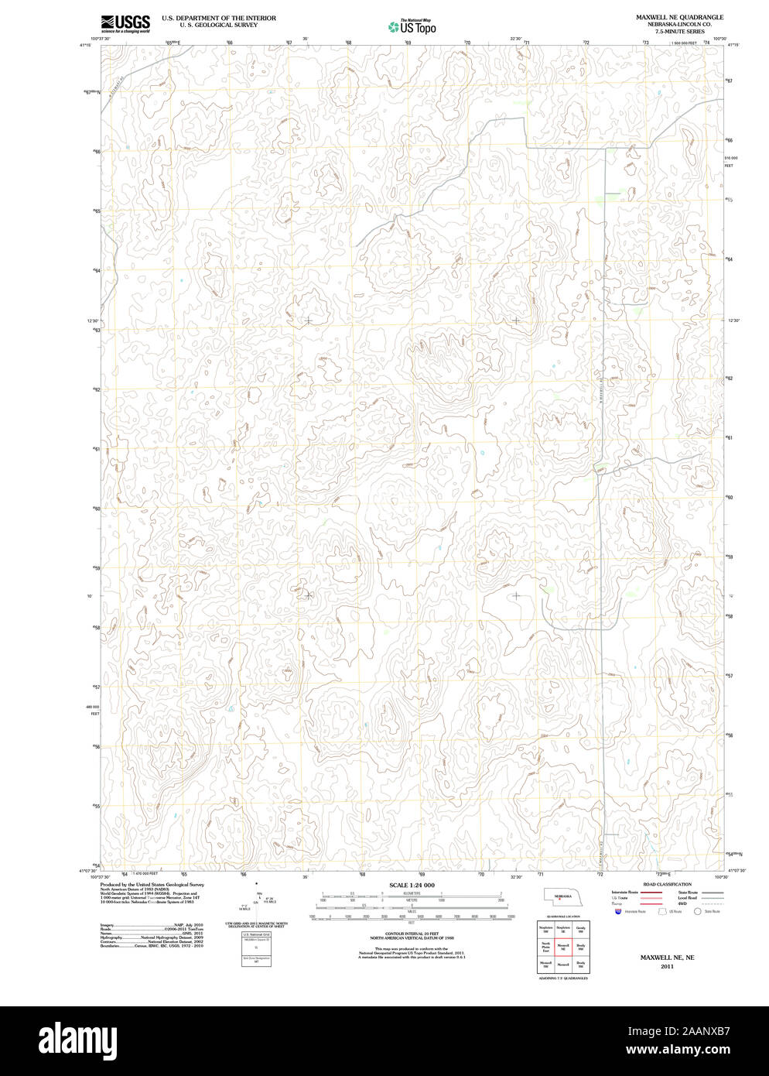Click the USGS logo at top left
(125, 23)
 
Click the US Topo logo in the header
(412, 27)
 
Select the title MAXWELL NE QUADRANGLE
(679, 16)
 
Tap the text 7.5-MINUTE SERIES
(679, 32)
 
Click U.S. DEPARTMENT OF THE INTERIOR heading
(219, 17)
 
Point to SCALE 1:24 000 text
(412, 885)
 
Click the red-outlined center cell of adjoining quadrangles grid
(564, 946)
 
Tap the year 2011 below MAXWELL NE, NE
(667, 966)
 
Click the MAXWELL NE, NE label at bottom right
(667, 958)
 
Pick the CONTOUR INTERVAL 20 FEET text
(412, 934)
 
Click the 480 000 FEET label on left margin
(94, 710)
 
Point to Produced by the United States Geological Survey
(152, 884)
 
